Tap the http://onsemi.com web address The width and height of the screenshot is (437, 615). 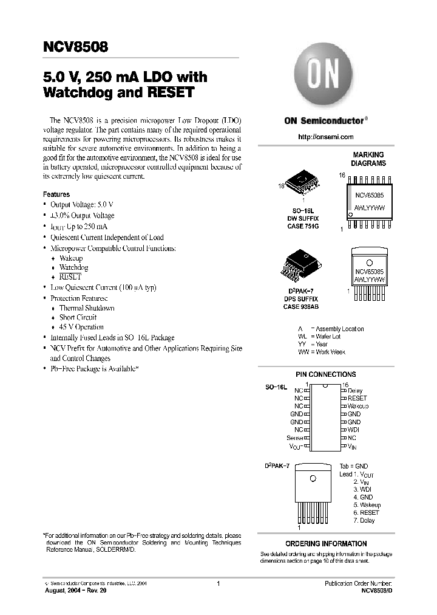pos(325,137)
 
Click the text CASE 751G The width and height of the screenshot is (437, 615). pos(302,225)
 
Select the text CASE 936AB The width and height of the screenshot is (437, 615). pos(300,307)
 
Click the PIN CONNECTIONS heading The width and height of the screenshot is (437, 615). pos(325,374)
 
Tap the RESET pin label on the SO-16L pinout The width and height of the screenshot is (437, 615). pos(357,398)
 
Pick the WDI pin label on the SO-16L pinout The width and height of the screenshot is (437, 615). pos(354,430)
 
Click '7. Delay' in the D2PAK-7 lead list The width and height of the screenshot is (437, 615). pos(364,520)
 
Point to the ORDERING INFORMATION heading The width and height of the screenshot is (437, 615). pos(326,544)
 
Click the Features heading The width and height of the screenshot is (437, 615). pos(56,194)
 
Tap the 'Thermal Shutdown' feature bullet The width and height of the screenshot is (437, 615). pos(86,308)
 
